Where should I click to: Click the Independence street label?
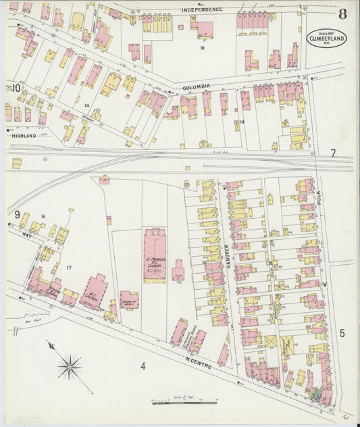tap(202, 9)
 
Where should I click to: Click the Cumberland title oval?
tap(327, 38)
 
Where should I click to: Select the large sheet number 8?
tap(343, 14)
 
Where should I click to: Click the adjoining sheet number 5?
tap(342, 332)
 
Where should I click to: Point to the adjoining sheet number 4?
tap(143, 367)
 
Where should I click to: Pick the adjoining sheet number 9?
tap(15, 215)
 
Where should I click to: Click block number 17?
tap(68, 268)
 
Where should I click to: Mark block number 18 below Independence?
tap(201, 49)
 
